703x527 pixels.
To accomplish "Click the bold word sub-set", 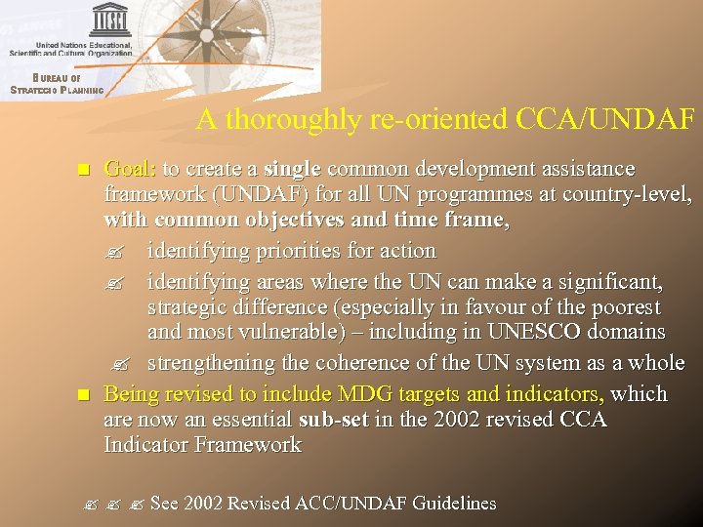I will [333, 420].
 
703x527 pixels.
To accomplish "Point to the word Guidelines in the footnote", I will [454, 504].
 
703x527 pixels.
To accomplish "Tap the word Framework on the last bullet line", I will [247, 445].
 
